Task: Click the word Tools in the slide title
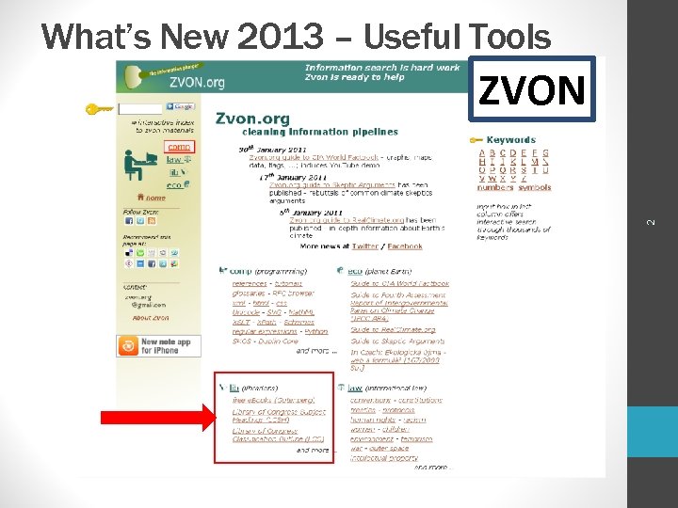pos(504,38)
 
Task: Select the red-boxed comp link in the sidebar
pos(178,148)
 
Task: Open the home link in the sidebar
pos(153,198)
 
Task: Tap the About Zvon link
pos(150,318)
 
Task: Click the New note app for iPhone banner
pos(156,345)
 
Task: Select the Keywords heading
pos(511,140)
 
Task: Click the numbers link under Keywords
pos(495,187)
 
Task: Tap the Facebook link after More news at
pos(405,246)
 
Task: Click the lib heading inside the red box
pos(234,388)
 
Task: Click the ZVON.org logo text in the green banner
pos(197,82)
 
